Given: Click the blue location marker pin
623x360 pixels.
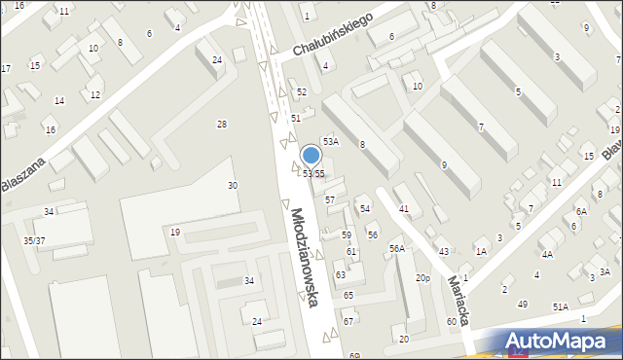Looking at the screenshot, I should [311, 156].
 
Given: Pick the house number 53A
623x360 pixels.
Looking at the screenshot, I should [331, 142].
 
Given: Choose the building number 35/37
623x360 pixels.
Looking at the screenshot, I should [34, 239].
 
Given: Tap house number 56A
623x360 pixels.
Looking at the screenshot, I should [397, 249].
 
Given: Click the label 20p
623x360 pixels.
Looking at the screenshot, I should [422, 278].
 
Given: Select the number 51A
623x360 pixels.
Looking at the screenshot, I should [561, 306].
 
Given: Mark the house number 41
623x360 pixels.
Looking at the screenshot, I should [404, 209].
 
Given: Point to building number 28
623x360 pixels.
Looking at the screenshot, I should [222, 125].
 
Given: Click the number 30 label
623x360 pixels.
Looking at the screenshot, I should [233, 186].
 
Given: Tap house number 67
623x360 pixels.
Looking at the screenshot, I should [348, 321].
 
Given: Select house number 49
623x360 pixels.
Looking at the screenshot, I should [523, 305].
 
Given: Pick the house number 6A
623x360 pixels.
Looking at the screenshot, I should [581, 211].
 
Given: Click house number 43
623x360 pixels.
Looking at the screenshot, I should [444, 252].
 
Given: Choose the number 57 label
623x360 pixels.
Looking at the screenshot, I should [330, 199].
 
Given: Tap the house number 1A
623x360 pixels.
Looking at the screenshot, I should [481, 251].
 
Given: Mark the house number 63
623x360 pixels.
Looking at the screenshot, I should [341, 275].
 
